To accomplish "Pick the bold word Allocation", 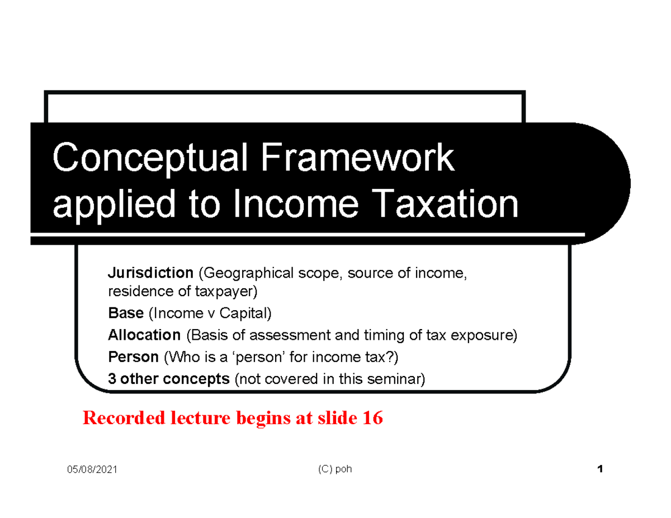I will tap(144, 335).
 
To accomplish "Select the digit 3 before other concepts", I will tap(112, 378).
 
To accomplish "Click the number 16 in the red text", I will tap(372, 418).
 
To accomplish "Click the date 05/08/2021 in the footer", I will tap(92, 470).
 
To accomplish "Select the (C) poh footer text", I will tap(334, 469).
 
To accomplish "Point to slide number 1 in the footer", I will tap(600, 469).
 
